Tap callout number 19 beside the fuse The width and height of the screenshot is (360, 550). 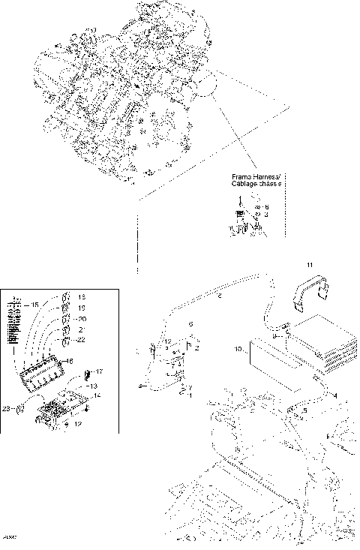pyautogui.click(x=82, y=308)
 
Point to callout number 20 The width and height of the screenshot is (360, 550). pyautogui.click(x=82, y=318)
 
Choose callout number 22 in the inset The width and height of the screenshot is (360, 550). pyautogui.click(x=82, y=341)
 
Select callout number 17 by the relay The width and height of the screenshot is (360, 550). pyautogui.click(x=99, y=371)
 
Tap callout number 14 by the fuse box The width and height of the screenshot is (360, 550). pyautogui.click(x=97, y=394)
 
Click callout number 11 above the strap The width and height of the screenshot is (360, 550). pyautogui.click(x=309, y=266)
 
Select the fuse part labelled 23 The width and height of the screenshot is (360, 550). pyautogui.click(x=21, y=409)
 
